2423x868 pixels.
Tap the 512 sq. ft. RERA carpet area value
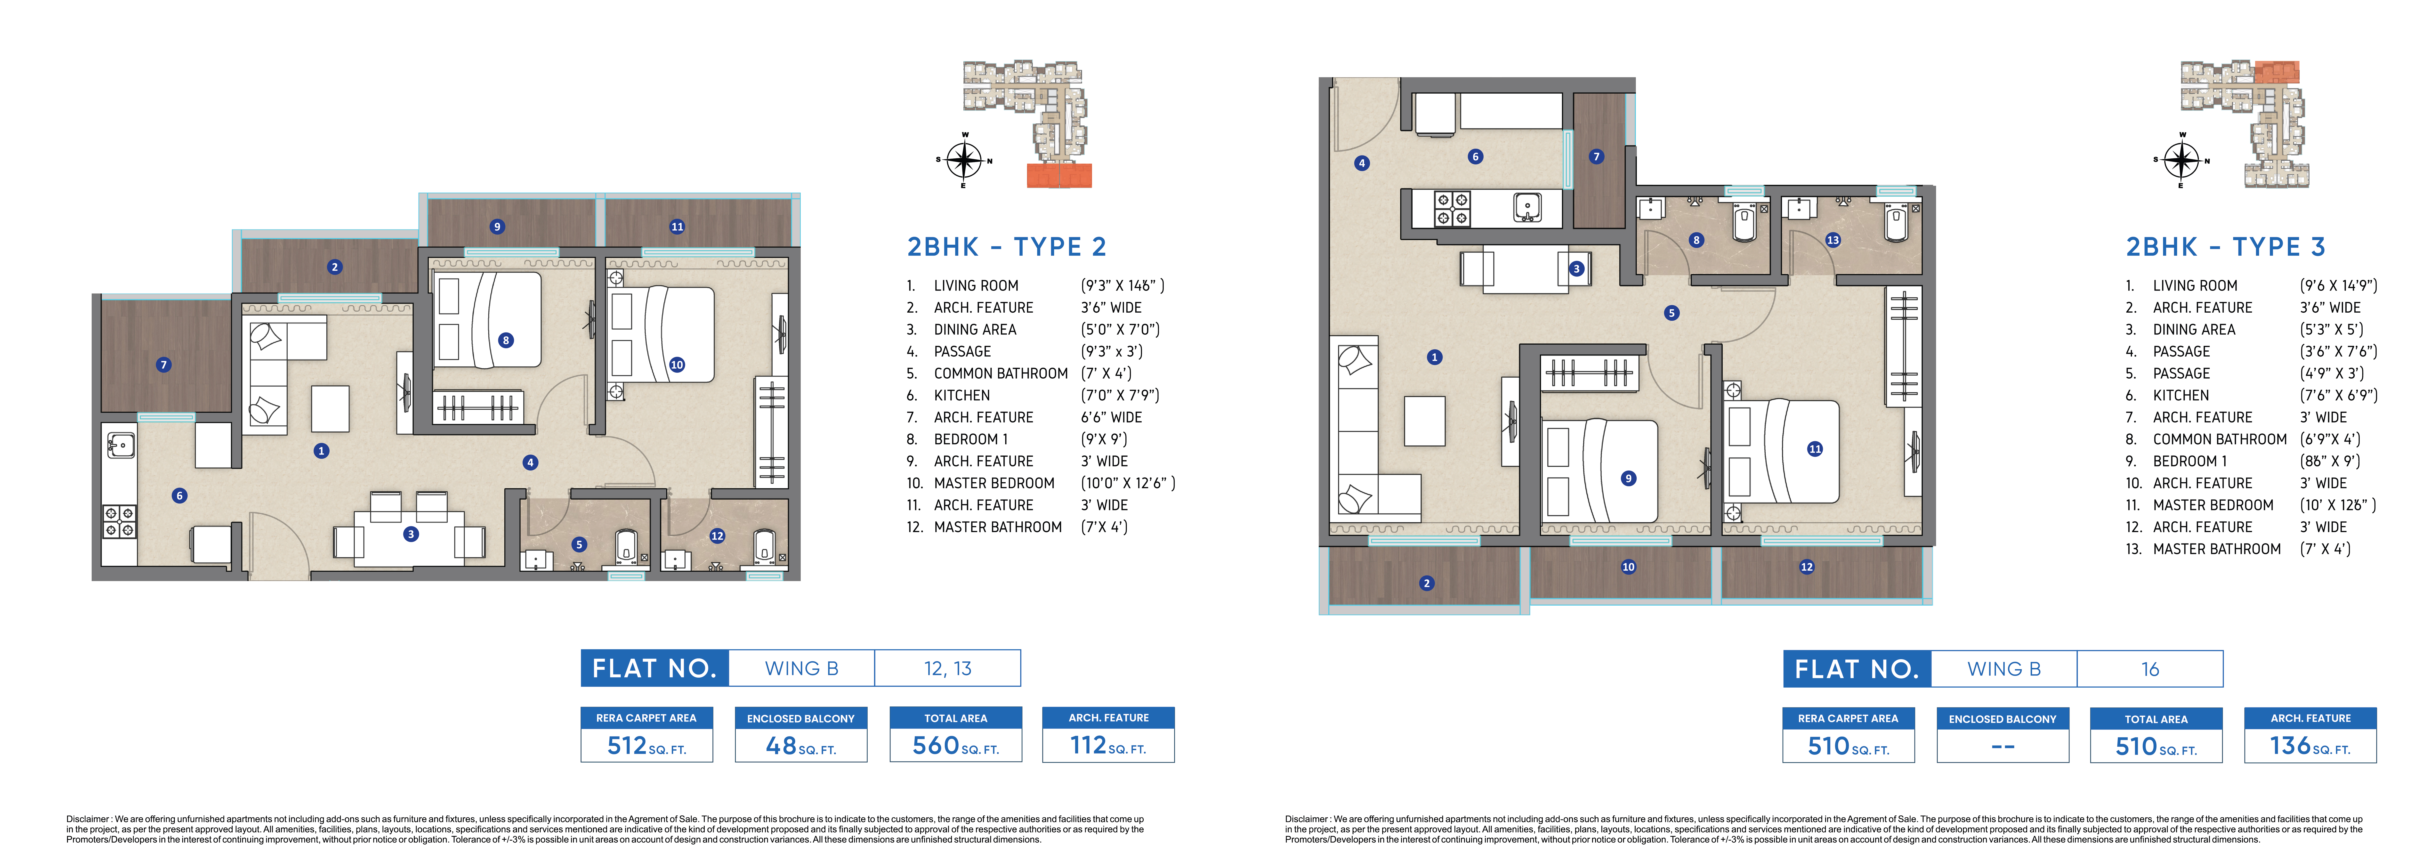(646, 746)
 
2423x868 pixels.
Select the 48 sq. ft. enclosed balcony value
(800, 746)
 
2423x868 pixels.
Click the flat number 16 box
(2150, 669)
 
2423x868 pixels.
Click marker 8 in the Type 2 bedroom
(506, 341)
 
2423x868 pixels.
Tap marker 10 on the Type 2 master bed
(677, 365)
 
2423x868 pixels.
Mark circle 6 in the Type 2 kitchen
(180, 495)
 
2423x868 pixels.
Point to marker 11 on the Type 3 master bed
(1814, 449)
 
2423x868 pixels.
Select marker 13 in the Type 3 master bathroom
(1832, 240)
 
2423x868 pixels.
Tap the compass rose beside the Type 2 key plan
(964, 160)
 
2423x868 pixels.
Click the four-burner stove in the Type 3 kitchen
(1451, 209)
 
